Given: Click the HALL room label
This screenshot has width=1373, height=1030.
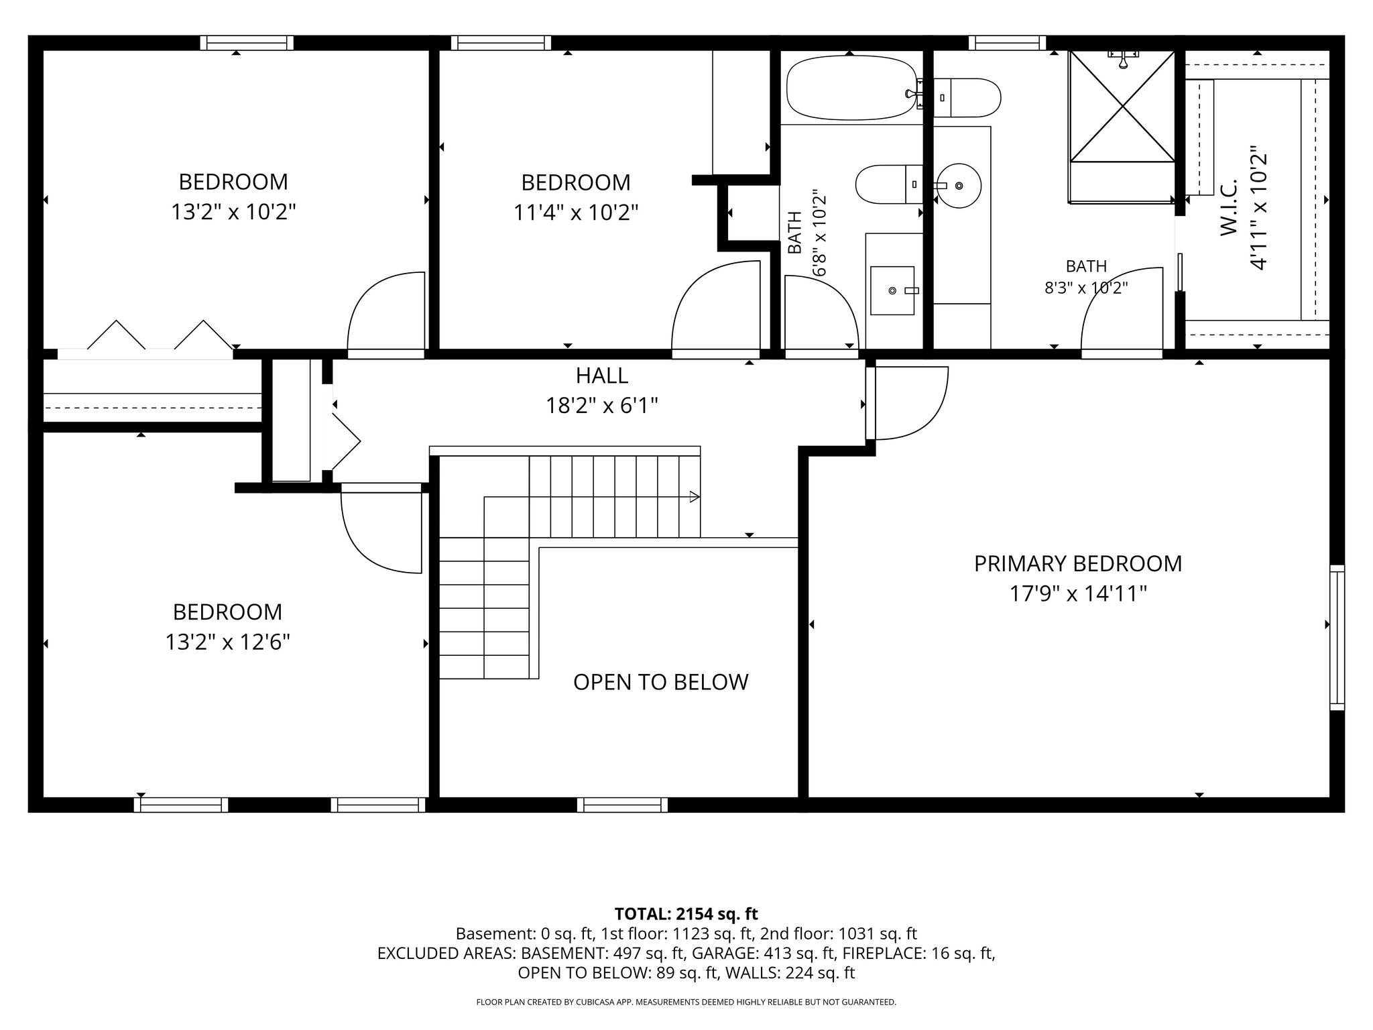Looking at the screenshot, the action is (602, 376).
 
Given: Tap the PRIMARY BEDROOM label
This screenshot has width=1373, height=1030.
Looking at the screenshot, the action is (1078, 563).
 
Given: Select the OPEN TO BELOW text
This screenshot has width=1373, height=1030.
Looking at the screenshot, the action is (660, 682).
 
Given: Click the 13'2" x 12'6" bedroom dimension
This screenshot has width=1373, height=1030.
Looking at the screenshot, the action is (228, 642).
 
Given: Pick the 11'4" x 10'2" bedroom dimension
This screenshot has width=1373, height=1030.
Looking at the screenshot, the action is (576, 213).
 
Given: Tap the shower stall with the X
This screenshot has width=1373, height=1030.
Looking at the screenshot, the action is (1122, 106).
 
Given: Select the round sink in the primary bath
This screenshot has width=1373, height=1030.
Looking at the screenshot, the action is (959, 185).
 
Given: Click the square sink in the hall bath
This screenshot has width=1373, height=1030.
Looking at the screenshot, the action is (892, 290).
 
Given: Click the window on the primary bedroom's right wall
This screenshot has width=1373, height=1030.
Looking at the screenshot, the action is (1337, 637).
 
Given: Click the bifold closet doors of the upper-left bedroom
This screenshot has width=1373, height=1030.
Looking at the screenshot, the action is (161, 335).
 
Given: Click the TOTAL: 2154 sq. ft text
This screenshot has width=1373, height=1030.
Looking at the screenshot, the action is (686, 913).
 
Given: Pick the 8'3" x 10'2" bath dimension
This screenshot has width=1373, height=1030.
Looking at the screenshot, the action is (1086, 288).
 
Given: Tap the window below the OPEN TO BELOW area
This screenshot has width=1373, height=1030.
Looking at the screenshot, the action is (622, 805).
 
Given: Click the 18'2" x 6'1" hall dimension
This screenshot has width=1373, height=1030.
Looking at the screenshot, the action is (602, 406).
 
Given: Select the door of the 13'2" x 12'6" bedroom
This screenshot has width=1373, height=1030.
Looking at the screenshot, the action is (381, 530).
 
